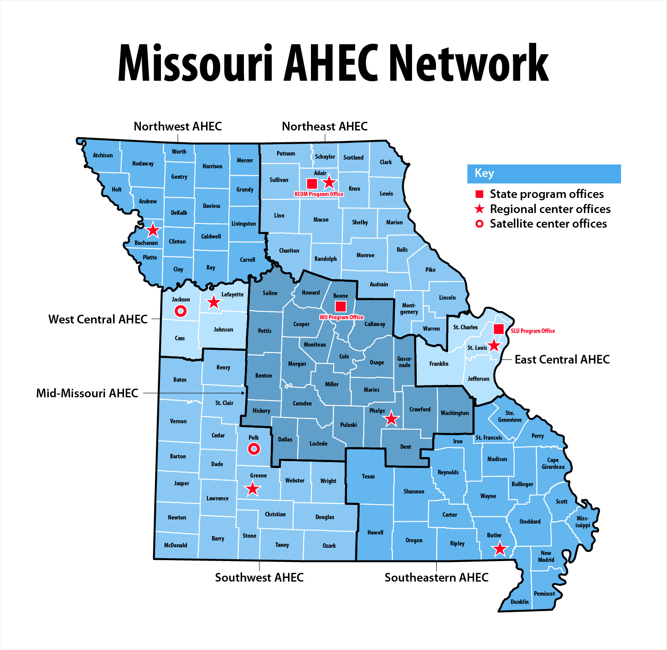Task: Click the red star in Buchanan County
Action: click(153, 230)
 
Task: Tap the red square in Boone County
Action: click(341, 306)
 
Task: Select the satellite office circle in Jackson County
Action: click(181, 311)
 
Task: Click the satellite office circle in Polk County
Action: click(253, 449)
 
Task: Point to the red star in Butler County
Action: click(500, 549)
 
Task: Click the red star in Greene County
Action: click(253, 489)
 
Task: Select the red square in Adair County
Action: click(312, 183)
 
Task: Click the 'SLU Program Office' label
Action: click(533, 331)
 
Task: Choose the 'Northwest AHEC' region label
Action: click(178, 126)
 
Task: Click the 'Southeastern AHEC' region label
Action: click(436, 577)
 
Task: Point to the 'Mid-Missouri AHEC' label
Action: click(87, 393)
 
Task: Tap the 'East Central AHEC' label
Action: click(562, 359)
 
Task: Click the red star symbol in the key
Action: click(479, 209)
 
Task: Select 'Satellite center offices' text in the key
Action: click(548, 224)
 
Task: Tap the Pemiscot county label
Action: click(544, 593)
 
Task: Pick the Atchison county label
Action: click(103, 155)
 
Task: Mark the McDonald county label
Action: click(176, 545)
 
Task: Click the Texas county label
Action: click(368, 476)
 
